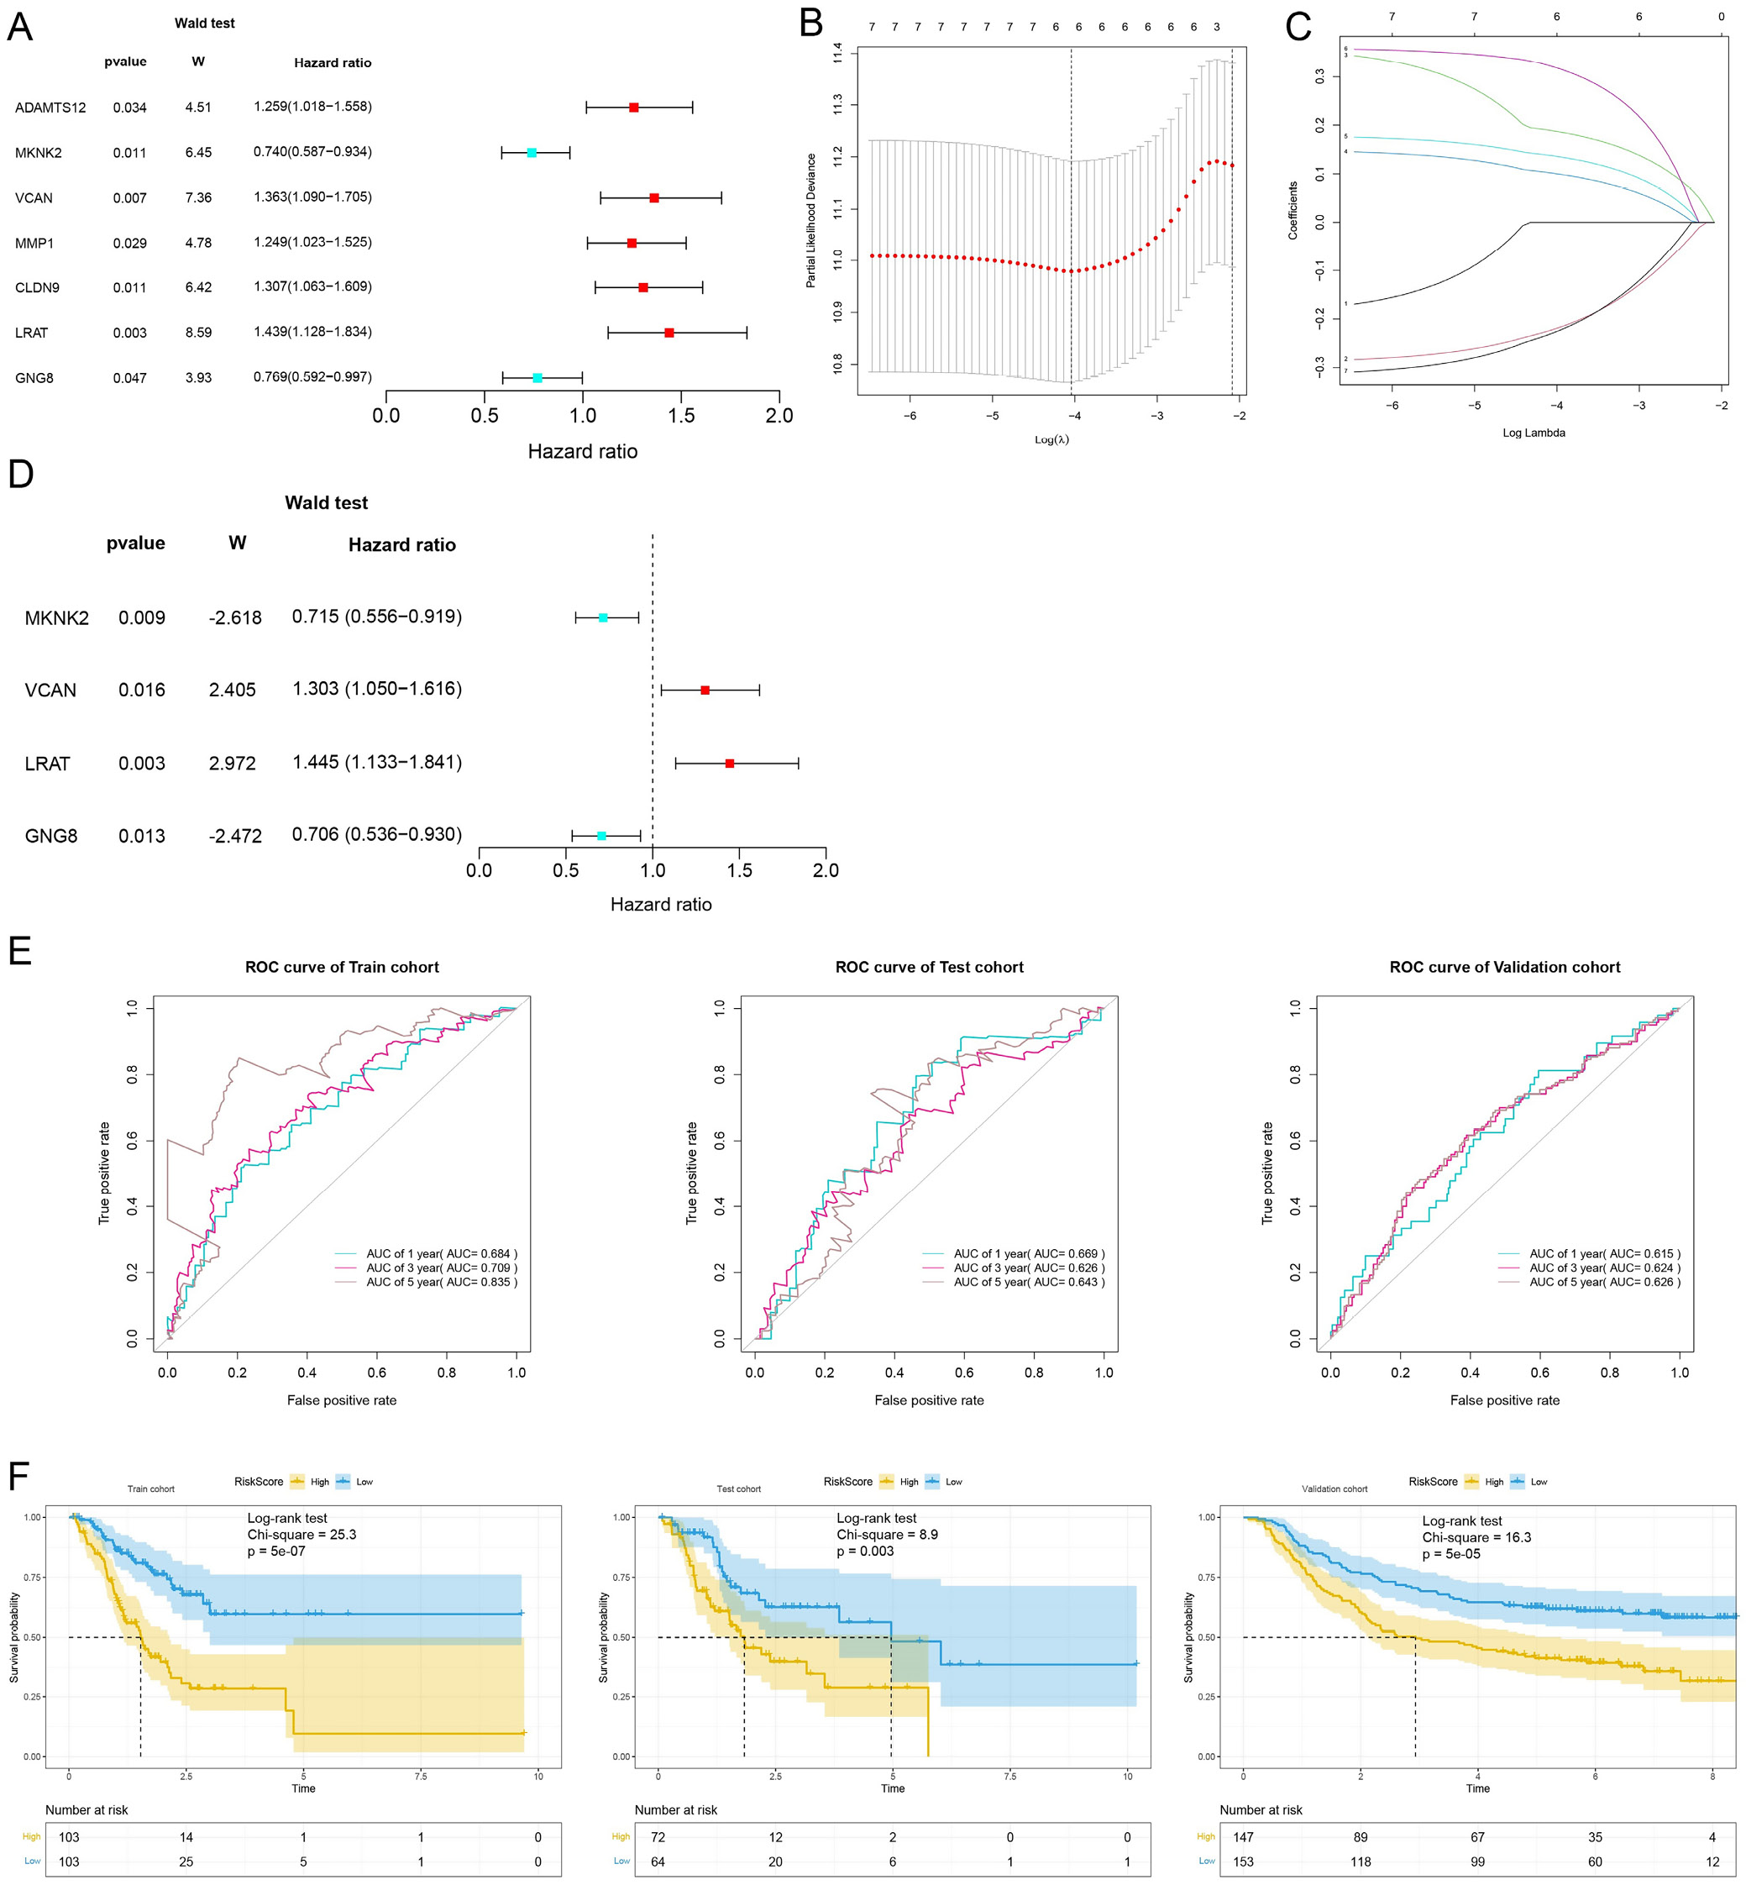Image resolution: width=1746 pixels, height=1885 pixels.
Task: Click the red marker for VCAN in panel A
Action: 653,198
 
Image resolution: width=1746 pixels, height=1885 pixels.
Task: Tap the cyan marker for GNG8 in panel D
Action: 602,835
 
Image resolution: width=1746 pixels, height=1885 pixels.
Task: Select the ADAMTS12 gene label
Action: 50,108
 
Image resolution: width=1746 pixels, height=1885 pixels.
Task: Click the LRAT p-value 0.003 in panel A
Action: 129,333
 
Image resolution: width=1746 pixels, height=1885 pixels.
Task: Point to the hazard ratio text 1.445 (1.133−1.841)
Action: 377,762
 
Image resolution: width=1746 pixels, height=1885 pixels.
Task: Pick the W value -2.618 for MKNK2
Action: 234,618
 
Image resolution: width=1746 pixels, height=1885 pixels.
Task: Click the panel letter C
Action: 1298,26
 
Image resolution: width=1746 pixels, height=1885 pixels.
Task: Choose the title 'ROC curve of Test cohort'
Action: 929,967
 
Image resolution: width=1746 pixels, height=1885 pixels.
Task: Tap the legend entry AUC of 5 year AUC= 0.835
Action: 441,1282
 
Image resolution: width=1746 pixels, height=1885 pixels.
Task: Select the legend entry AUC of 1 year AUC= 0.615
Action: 1604,1254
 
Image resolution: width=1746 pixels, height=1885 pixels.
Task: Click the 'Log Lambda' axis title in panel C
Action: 1534,433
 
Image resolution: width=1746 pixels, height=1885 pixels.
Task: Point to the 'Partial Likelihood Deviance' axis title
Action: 810,220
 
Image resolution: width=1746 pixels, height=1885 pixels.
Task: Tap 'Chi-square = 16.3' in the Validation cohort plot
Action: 1476,1537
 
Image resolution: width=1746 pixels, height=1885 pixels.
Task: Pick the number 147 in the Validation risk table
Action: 1243,1837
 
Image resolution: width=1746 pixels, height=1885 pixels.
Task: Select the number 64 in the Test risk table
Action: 658,1861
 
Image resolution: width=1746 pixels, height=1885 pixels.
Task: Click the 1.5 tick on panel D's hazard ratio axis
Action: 739,870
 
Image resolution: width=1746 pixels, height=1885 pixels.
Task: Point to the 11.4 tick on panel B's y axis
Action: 837,54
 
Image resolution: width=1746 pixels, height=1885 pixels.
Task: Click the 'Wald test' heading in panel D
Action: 326,502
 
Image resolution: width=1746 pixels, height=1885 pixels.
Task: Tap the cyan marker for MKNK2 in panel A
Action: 532,153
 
